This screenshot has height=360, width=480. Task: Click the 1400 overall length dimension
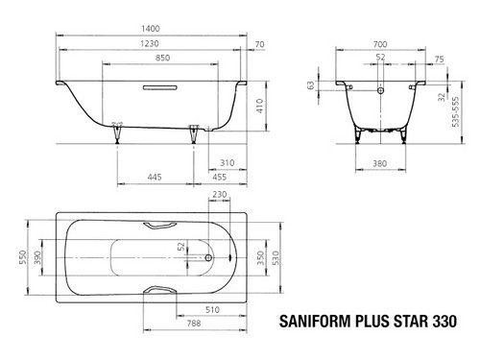pyautogui.click(x=151, y=29)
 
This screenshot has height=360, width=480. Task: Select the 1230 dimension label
pyautogui.click(x=150, y=43)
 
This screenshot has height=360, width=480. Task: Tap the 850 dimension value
pyautogui.click(x=162, y=58)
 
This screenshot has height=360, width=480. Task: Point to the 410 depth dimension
pyautogui.click(x=259, y=106)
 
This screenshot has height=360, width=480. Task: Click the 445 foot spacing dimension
pyautogui.click(x=155, y=177)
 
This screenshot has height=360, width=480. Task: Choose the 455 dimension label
pyautogui.click(x=220, y=177)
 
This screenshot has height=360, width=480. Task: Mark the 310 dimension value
pyautogui.click(x=227, y=163)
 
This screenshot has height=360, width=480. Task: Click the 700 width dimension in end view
pyautogui.click(x=380, y=44)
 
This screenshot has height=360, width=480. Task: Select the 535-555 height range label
pyautogui.click(x=456, y=111)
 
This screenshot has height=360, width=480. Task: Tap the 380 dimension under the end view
pyautogui.click(x=380, y=163)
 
